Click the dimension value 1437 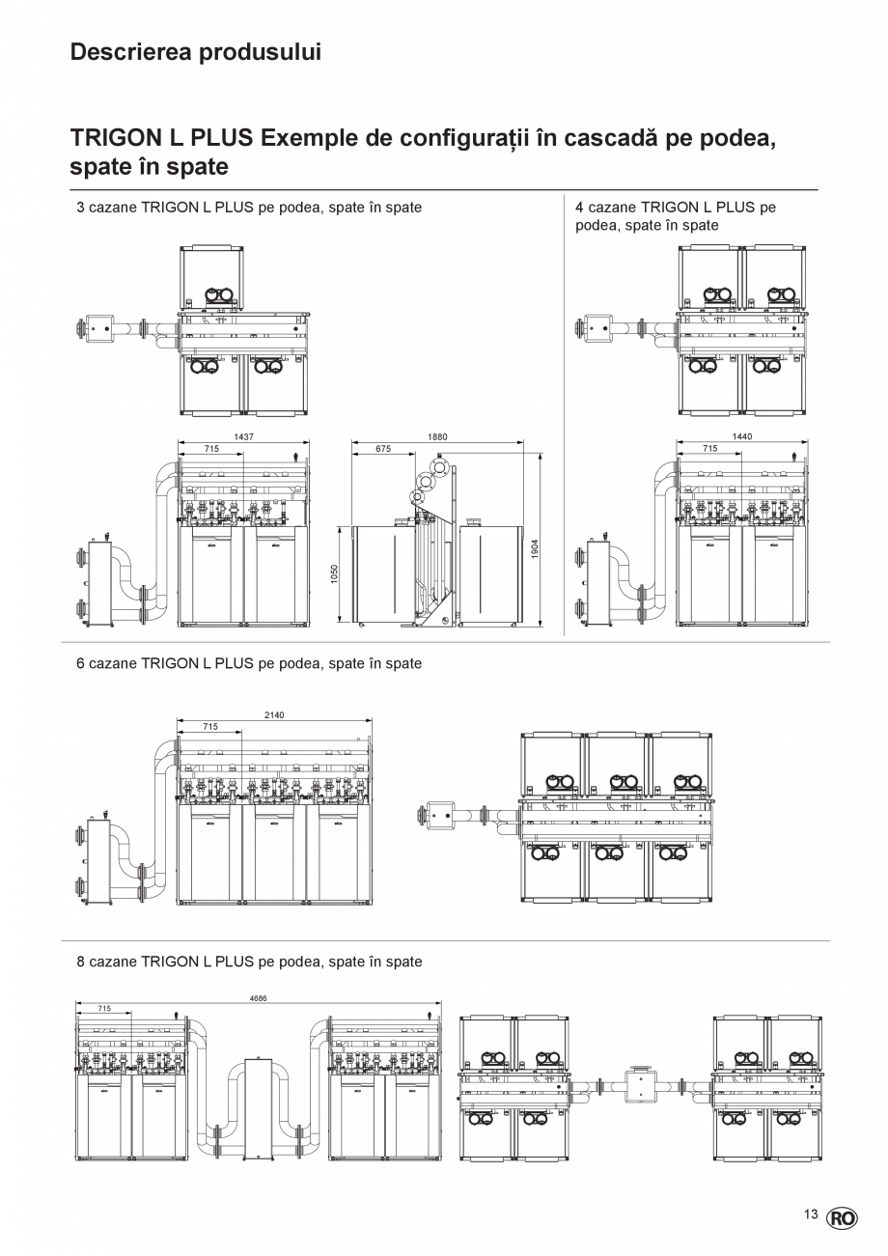click(243, 437)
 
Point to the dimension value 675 click(383, 449)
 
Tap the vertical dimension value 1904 click(535, 548)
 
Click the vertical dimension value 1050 click(334, 574)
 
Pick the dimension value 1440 click(742, 437)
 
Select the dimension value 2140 click(274, 715)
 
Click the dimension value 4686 click(258, 999)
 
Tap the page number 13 click(810, 1215)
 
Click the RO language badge click(841, 1218)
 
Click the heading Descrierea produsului click(195, 52)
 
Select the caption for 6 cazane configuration click(249, 664)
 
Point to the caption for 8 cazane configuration click(249, 963)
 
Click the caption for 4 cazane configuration click(676, 216)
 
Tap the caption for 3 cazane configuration click(249, 208)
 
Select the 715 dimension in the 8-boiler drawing click(104, 1008)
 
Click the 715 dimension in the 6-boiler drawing click(210, 726)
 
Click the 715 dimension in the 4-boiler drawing click(710, 449)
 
